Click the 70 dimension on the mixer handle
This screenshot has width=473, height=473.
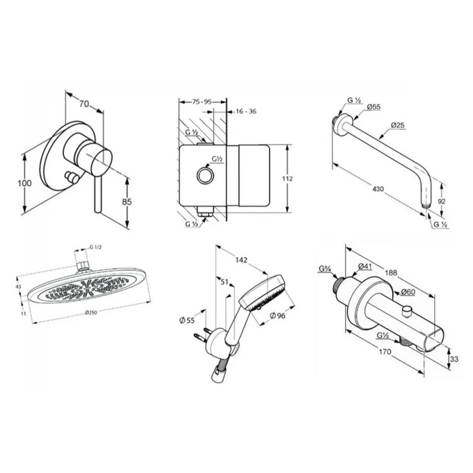click(x=84, y=104)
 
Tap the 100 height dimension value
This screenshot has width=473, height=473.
click(x=25, y=183)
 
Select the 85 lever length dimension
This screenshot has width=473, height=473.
click(x=127, y=201)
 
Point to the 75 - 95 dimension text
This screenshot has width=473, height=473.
click(x=202, y=102)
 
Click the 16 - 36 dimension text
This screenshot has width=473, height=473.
click(x=246, y=111)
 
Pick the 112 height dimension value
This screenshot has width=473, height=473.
click(x=287, y=179)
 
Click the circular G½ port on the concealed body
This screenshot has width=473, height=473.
click(x=205, y=175)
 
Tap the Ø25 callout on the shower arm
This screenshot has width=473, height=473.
click(x=398, y=125)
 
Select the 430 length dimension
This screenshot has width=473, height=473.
click(x=378, y=189)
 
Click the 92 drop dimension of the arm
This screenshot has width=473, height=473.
click(x=441, y=201)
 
